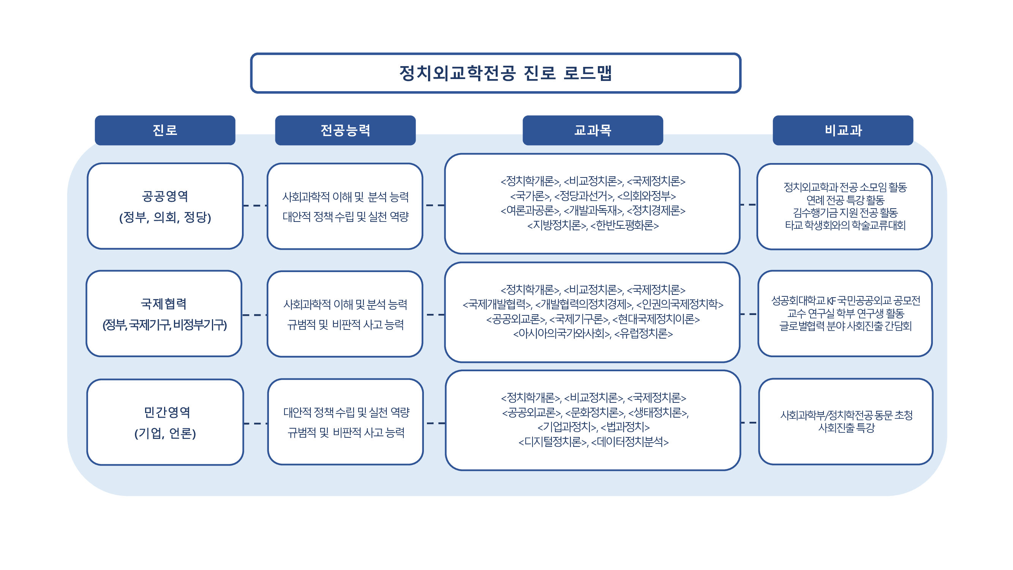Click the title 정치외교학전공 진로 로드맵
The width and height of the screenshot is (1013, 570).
(506, 73)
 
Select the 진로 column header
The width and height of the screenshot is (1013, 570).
(165, 130)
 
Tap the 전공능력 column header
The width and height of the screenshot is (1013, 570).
(345, 130)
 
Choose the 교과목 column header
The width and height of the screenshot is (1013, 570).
(593, 130)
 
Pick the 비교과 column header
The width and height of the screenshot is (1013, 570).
(843, 130)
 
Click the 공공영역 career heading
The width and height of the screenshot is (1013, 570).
(165, 196)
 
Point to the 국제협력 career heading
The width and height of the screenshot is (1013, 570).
(164, 304)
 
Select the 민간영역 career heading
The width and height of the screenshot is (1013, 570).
(167, 412)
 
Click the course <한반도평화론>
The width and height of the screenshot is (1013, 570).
(624, 225)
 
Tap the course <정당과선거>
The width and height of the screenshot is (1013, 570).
(584, 196)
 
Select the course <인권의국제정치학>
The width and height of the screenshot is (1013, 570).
(680, 304)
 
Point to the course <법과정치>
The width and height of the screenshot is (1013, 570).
(625, 427)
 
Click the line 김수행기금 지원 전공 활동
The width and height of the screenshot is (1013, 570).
(845, 213)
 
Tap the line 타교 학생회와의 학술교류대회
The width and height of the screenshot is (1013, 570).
(845, 225)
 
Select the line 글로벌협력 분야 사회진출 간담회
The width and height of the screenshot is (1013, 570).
(845, 326)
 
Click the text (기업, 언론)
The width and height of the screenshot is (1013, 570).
(165, 433)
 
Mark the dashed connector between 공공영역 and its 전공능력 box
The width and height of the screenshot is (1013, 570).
(255, 205)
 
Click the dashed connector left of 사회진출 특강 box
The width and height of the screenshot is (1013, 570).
(749, 423)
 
